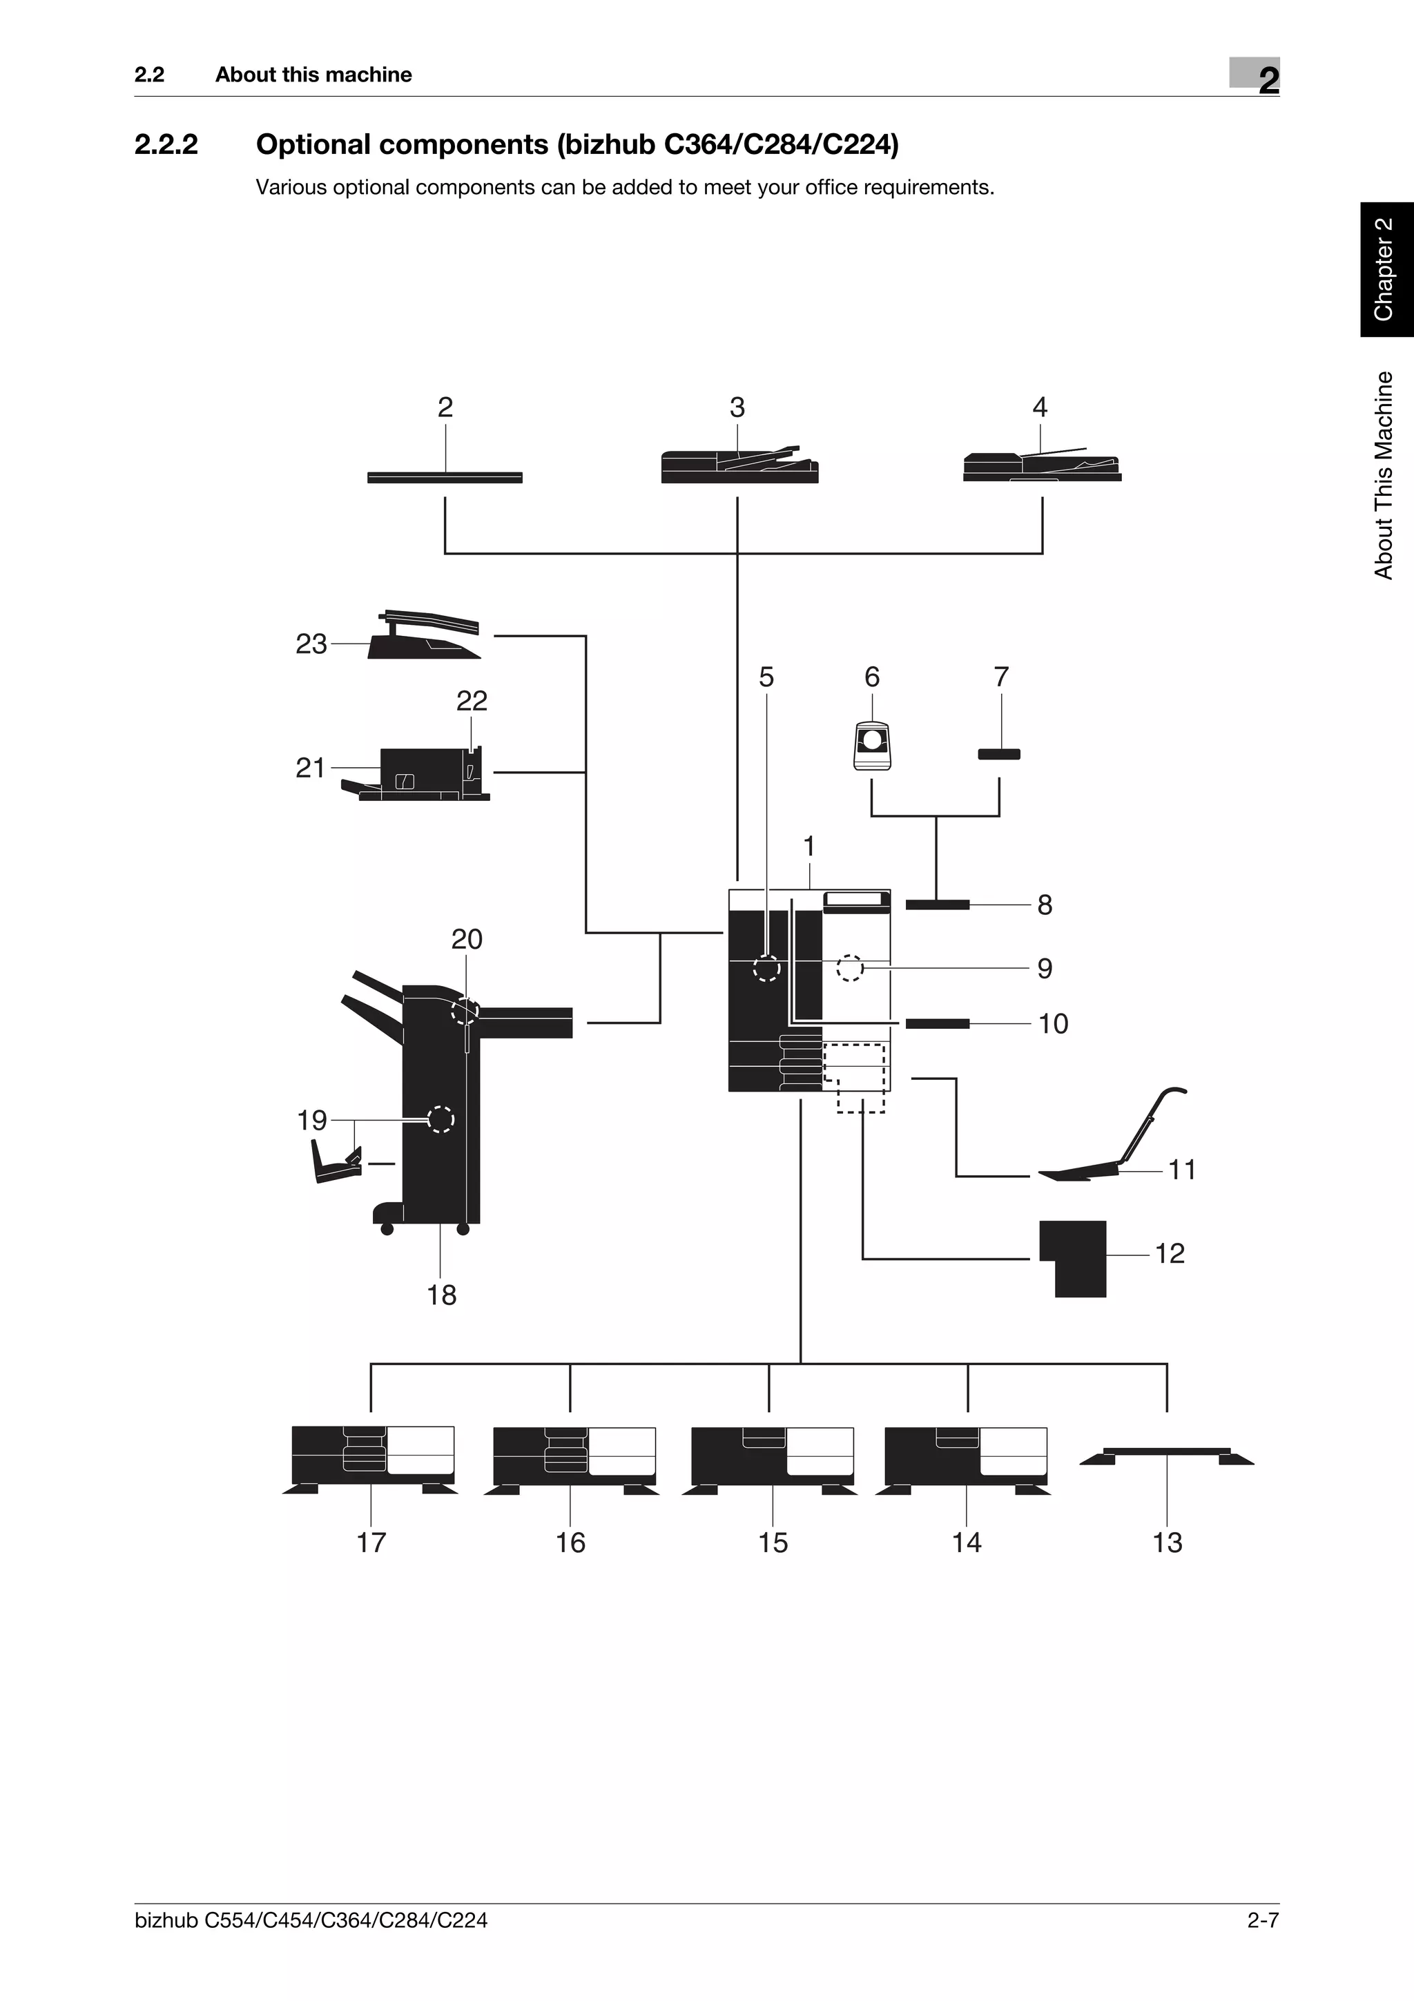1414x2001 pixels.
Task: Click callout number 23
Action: point(311,644)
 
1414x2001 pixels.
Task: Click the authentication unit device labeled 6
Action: point(872,744)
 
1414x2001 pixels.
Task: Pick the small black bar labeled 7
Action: point(998,754)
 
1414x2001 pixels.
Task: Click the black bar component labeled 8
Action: point(938,905)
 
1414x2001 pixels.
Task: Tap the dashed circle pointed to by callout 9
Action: point(849,967)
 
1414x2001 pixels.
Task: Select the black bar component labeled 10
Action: point(938,1023)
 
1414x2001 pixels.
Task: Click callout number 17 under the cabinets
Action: point(371,1543)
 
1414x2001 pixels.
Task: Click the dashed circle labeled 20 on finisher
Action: point(466,1012)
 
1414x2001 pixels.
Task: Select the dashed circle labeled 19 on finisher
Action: point(441,1119)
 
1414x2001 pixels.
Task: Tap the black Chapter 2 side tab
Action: point(1387,270)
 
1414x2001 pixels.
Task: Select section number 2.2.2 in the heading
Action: point(166,145)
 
